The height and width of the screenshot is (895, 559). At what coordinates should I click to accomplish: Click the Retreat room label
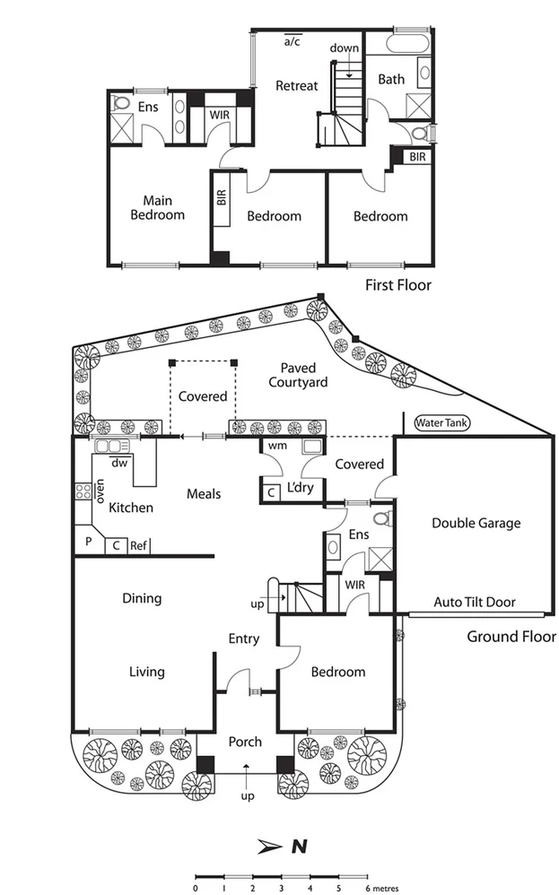[x=296, y=86]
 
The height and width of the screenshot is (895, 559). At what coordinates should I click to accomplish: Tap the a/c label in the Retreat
[x=293, y=41]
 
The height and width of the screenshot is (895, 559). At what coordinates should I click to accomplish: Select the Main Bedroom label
[x=157, y=208]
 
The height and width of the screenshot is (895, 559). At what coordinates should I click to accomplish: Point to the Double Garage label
[x=476, y=523]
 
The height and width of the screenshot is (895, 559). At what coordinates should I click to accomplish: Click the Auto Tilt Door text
[x=475, y=603]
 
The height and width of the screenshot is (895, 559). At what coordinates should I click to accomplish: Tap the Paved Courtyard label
[x=303, y=375]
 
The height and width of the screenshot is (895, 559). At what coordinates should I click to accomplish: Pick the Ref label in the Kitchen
[x=139, y=545]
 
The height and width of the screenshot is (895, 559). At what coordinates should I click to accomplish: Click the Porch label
[x=245, y=742]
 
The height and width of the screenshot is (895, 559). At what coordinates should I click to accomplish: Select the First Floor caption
[x=397, y=285]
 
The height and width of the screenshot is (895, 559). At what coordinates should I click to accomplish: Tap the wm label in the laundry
[x=277, y=446]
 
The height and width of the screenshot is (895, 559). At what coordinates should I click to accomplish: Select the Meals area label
[x=204, y=494]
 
